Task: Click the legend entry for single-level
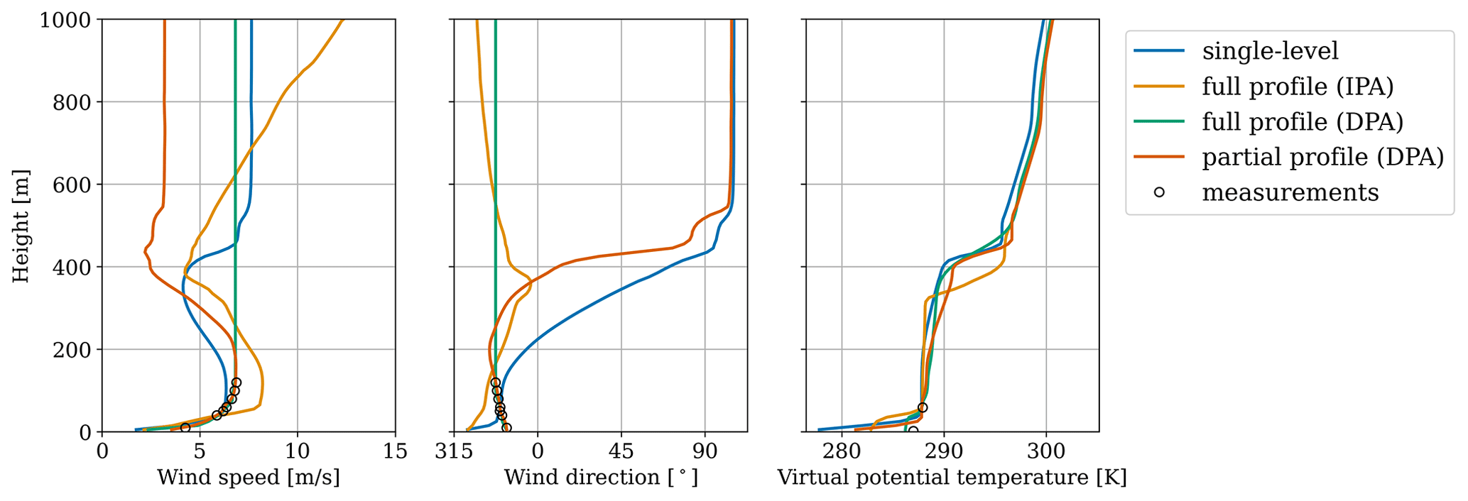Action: pos(1270,51)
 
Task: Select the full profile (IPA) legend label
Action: pos(1298,87)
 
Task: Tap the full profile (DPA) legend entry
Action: pos(1303,122)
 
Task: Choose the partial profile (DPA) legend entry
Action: pos(1322,157)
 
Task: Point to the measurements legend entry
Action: pos(1290,192)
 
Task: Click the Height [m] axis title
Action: pos(21,226)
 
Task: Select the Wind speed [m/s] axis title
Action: pos(249,478)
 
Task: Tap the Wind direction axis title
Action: pos(601,478)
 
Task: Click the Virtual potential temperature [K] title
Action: pos(952,478)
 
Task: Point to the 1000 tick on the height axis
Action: pos(65,20)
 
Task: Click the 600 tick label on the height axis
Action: pos(72,185)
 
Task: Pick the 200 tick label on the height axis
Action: pos(72,350)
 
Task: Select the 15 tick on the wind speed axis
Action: pos(395,452)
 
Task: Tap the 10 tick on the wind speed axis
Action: pos(298,452)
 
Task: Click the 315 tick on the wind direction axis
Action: pos(454,452)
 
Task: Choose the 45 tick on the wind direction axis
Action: pos(621,452)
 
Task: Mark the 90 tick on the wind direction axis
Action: pos(705,452)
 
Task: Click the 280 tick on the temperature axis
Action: pos(842,452)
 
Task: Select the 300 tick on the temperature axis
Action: pos(1046,452)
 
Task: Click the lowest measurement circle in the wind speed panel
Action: pos(185,427)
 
